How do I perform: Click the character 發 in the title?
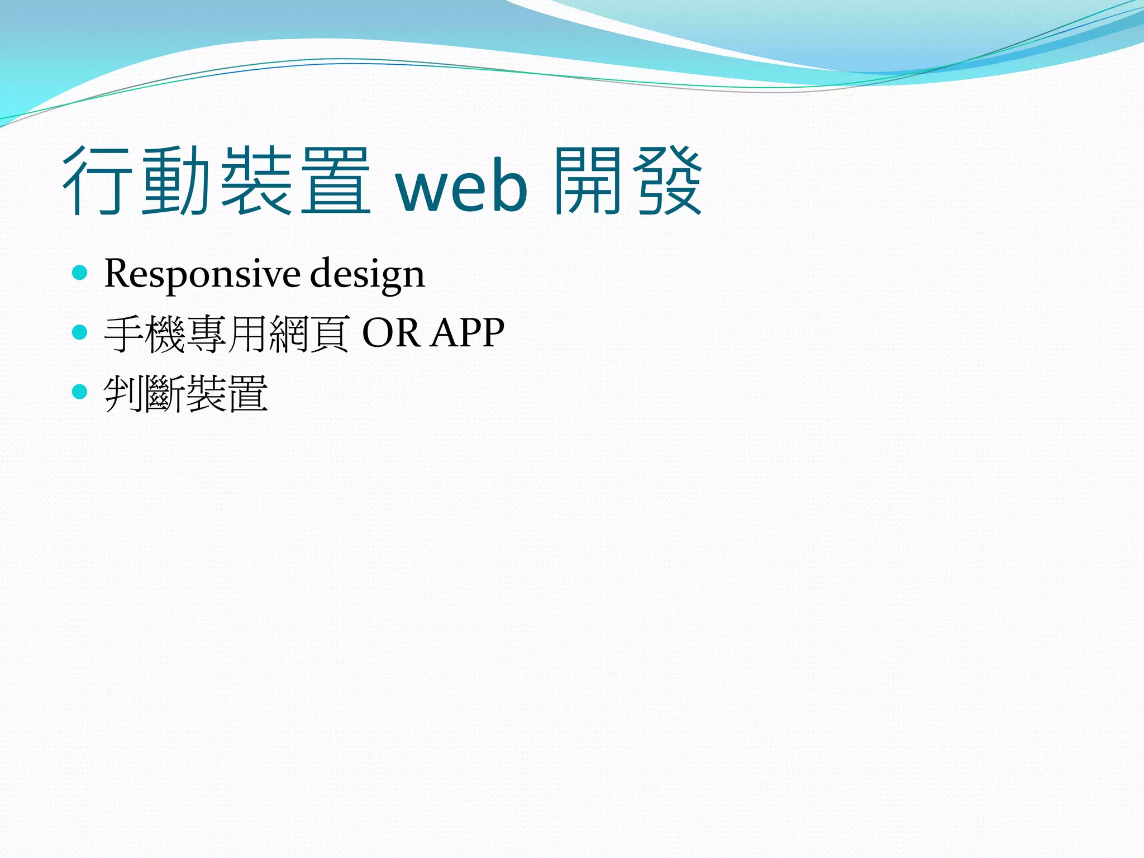668,182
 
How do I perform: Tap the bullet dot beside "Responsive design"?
80,273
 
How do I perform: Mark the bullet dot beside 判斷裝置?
80,392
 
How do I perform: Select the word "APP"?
468,333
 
